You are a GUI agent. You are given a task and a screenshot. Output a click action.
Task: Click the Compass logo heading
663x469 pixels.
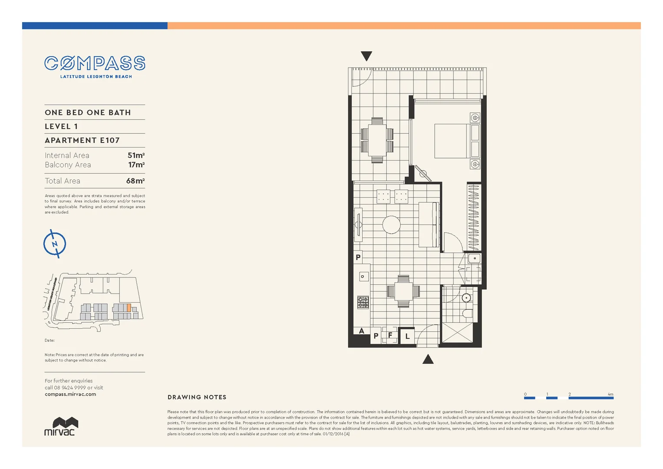95,63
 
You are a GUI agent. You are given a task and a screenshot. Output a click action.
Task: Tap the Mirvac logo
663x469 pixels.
61,426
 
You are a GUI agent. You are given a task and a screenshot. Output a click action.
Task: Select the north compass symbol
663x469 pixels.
55,244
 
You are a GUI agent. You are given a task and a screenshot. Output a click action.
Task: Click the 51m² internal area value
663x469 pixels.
136,155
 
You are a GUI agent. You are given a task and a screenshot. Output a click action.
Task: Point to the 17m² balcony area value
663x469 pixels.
136,165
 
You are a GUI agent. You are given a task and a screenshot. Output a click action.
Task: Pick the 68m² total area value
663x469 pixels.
135,181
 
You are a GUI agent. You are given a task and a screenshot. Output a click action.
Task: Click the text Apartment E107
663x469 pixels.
82,140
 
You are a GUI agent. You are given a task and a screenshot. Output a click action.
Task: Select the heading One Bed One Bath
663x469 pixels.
88,112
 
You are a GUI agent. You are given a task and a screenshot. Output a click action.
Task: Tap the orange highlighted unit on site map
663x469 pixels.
129,307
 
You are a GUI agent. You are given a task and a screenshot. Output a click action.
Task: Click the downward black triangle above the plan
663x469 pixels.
366,56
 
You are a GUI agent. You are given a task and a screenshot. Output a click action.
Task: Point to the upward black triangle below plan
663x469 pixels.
428,359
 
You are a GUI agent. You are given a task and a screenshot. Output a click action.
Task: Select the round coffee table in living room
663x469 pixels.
391,225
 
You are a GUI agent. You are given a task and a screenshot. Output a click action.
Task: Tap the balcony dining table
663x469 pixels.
377,140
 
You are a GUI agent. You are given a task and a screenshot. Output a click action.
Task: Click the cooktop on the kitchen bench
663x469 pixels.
363,302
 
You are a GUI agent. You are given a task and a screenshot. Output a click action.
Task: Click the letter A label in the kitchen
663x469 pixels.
361,331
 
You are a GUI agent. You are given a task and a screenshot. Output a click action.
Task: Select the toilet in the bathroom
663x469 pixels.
467,314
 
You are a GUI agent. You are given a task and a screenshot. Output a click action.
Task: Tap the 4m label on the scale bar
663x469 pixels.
610,394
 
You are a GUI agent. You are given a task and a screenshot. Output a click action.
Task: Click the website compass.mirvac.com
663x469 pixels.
70,394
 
